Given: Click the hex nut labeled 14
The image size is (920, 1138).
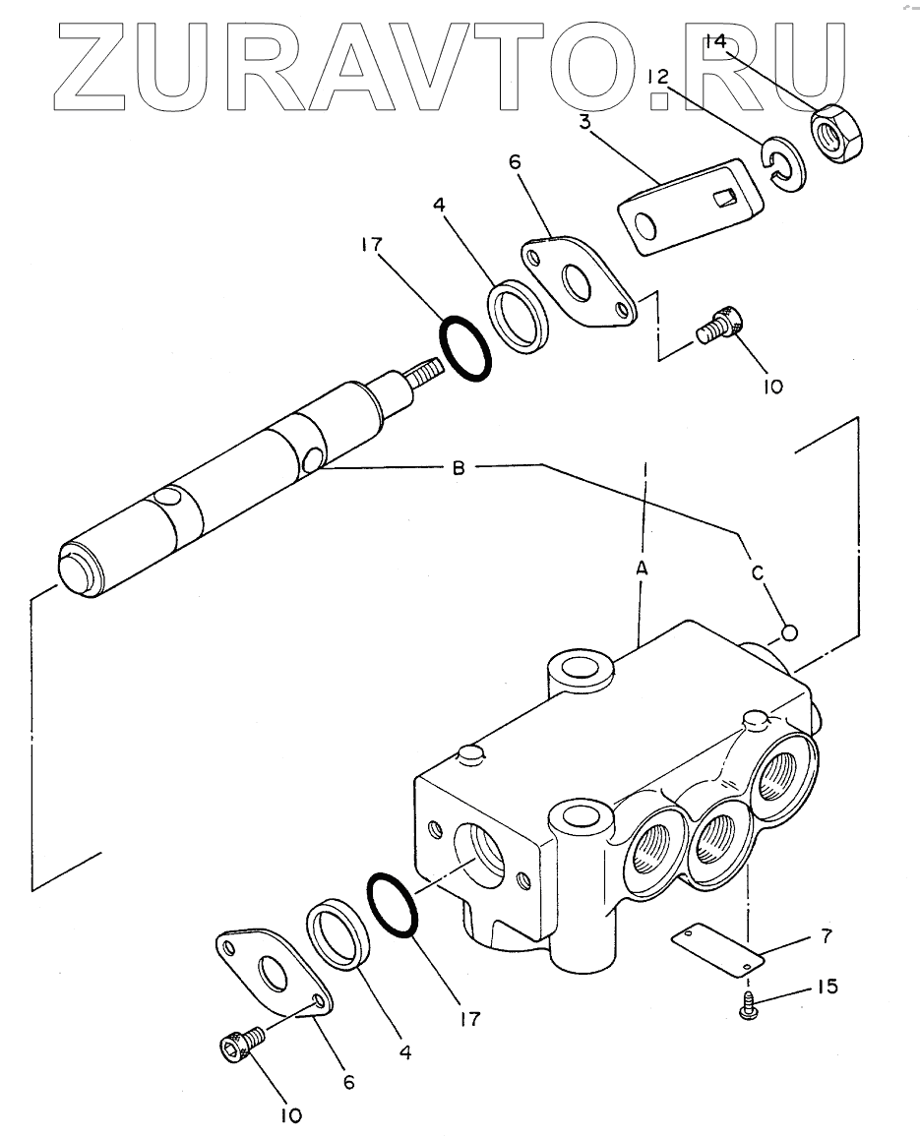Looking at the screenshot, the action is (x=836, y=133).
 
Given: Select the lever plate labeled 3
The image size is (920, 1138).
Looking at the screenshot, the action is (x=689, y=206).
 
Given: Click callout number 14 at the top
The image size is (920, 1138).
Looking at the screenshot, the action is (x=716, y=41).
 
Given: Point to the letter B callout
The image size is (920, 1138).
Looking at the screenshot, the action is (x=459, y=468).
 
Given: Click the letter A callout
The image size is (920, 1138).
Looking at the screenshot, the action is (x=642, y=569).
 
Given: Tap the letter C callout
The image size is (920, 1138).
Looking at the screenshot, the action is (x=758, y=573).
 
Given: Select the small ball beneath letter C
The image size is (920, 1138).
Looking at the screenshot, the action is (x=789, y=633).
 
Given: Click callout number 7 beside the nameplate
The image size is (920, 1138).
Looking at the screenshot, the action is (x=826, y=936).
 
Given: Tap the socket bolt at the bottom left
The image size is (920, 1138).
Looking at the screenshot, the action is (x=240, y=1044).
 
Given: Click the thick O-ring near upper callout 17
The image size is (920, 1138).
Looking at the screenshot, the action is (x=465, y=348).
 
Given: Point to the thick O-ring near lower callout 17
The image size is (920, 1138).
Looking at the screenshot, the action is (x=393, y=907).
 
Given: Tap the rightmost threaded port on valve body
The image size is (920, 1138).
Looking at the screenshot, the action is (x=784, y=777).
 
